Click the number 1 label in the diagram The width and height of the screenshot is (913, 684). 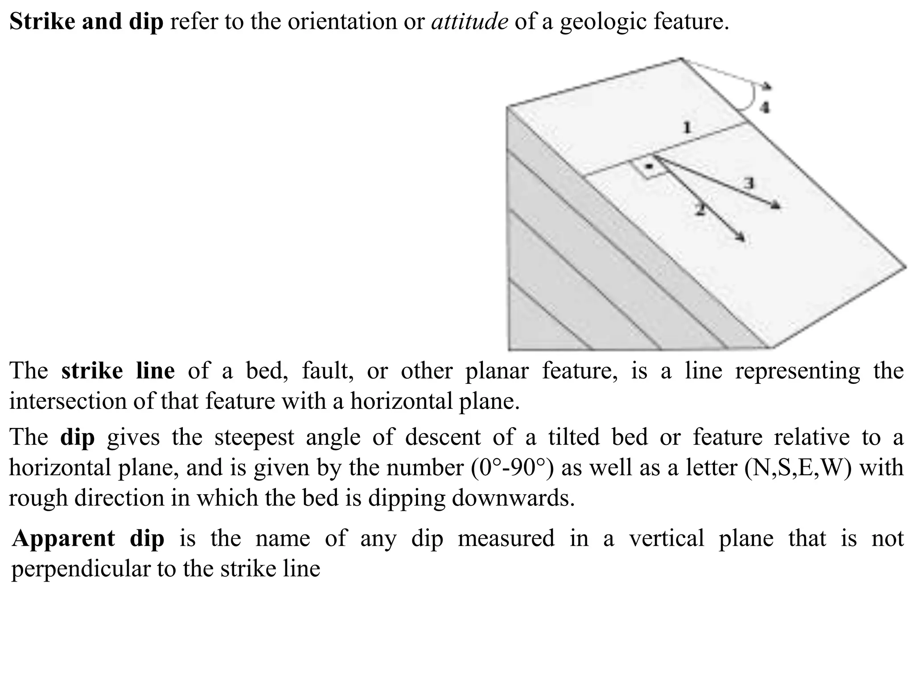click(x=687, y=127)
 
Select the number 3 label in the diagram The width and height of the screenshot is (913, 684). click(x=749, y=183)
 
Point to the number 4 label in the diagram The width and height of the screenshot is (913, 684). click(x=765, y=107)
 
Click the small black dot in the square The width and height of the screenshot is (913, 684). click(x=649, y=167)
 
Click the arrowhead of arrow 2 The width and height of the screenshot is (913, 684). click(x=741, y=237)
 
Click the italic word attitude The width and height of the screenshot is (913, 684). click(x=469, y=21)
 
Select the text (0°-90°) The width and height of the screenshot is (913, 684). click(x=512, y=467)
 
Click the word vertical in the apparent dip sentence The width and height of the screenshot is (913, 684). click(x=666, y=539)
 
